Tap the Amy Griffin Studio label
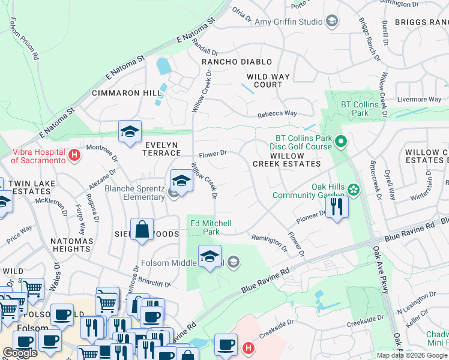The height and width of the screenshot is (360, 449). pyautogui.click(x=289, y=22)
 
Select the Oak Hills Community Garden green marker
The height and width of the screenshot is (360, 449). pyautogui.click(x=354, y=190)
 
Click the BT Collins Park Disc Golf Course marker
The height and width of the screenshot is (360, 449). pyautogui.click(x=341, y=142)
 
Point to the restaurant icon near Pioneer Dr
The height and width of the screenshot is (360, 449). pyautogui.click(x=337, y=208)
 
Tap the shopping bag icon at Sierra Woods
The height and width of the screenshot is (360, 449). pyautogui.click(x=141, y=230)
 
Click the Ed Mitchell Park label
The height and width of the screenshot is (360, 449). pyautogui.click(x=211, y=227)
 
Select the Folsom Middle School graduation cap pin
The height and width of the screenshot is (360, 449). pyautogui.click(x=209, y=257)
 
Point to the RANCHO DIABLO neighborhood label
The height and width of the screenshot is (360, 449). pyautogui.click(x=237, y=62)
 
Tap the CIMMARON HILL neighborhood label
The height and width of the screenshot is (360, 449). pyautogui.click(x=127, y=93)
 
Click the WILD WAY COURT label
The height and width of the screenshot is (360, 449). pyautogui.click(x=268, y=80)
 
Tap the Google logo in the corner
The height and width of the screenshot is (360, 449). pyautogui.click(x=20, y=353)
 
